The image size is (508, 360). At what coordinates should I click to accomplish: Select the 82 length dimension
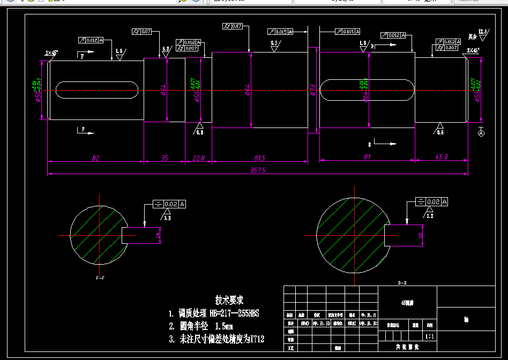click(x=96, y=157)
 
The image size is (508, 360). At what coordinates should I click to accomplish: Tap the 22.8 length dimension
click(x=198, y=157)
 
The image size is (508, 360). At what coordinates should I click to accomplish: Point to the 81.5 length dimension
click(x=260, y=157)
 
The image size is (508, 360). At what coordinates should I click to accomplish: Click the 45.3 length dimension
click(x=442, y=157)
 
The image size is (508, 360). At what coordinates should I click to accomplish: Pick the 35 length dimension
click(x=165, y=157)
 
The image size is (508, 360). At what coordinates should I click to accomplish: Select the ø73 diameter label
click(x=312, y=90)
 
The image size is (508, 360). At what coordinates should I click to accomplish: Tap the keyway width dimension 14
click(x=158, y=235)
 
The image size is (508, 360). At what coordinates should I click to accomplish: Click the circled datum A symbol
click(x=481, y=132)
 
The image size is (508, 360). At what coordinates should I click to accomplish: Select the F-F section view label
click(x=100, y=279)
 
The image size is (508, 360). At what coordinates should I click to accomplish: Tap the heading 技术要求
click(x=229, y=300)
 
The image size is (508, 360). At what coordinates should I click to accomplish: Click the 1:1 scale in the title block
click(x=430, y=337)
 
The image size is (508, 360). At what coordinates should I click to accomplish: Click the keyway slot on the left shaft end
click(x=96, y=89)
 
